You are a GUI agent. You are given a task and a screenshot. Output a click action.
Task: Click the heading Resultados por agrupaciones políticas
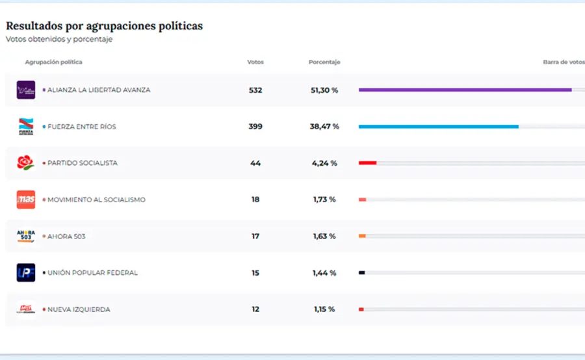click(x=104, y=26)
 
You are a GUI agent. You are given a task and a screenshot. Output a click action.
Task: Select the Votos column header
click(x=255, y=62)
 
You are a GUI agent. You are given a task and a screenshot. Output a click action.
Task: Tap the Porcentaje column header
click(x=324, y=62)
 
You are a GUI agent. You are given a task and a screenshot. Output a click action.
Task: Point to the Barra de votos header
click(x=564, y=62)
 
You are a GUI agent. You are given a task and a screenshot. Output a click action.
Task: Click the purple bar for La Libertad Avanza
click(x=465, y=90)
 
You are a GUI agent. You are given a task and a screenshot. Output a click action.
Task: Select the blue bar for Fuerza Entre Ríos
click(x=438, y=127)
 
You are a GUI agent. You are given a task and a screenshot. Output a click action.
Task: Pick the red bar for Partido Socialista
click(x=367, y=163)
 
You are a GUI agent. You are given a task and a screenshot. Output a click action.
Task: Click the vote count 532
click(x=255, y=90)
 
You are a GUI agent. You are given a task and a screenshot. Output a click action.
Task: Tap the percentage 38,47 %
click(x=324, y=127)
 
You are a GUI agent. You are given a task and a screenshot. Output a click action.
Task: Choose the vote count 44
click(x=255, y=163)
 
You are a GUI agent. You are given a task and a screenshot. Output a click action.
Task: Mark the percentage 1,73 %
click(x=324, y=199)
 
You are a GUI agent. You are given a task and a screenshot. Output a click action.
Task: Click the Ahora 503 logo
click(x=26, y=236)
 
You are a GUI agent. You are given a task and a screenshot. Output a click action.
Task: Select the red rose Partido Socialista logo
click(x=25, y=163)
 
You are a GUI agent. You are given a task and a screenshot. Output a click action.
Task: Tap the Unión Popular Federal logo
click(x=26, y=272)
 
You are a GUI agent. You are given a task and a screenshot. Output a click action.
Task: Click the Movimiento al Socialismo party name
click(x=96, y=199)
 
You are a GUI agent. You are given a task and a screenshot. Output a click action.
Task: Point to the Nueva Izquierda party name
click(x=79, y=309)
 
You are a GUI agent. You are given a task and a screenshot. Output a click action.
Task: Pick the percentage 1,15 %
click(x=323, y=309)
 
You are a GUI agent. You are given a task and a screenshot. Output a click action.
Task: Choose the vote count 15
click(x=255, y=273)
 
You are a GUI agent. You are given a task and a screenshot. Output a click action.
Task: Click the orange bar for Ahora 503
click(x=362, y=236)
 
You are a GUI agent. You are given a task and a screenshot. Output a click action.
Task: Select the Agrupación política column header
click(x=53, y=62)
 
